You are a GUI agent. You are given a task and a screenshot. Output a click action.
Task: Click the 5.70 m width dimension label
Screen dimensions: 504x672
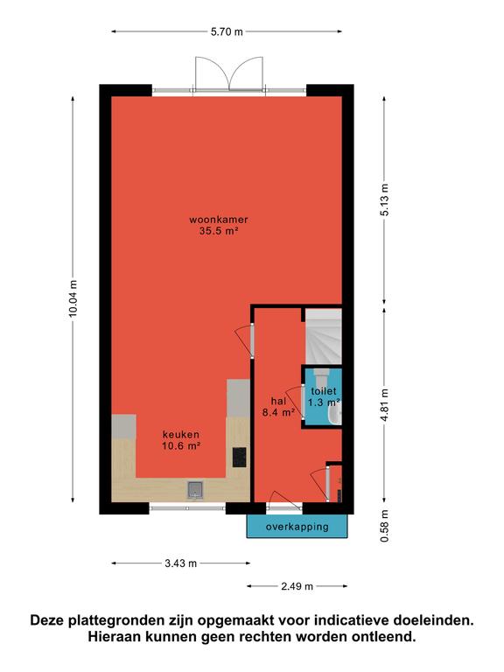[x=227, y=31]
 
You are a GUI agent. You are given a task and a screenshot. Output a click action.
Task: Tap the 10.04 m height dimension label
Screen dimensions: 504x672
[x=73, y=298]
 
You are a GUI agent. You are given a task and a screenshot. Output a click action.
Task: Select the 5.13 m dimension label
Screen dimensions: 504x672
[x=384, y=199]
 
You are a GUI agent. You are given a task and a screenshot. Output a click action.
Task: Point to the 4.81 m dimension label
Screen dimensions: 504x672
[x=384, y=405]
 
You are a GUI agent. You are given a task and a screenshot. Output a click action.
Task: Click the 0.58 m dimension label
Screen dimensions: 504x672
[x=384, y=526]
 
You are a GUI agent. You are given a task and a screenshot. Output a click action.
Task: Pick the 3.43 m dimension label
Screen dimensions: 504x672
[x=181, y=563]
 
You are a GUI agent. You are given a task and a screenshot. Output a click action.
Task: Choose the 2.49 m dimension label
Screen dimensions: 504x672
[x=297, y=586]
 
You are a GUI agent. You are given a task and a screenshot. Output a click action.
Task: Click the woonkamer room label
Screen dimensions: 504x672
[x=219, y=220]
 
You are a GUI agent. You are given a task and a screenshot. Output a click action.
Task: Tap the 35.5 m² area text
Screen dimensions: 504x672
[x=219, y=231]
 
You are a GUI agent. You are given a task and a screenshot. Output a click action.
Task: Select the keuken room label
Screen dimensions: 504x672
[x=181, y=434]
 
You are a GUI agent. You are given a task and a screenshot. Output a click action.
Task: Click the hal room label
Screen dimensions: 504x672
[x=278, y=401]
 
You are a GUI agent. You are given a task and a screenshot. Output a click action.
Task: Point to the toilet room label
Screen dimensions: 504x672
[x=324, y=391]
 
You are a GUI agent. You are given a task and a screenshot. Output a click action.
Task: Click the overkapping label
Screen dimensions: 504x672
[x=297, y=526]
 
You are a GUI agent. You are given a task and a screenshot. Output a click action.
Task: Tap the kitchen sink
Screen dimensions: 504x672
[x=195, y=489]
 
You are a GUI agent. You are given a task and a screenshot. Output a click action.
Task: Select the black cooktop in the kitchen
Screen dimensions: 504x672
[x=239, y=457]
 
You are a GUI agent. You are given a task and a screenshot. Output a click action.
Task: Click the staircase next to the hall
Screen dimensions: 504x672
[x=324, y=337]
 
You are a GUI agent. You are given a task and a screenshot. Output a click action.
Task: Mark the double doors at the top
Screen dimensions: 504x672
[x=229, y=73]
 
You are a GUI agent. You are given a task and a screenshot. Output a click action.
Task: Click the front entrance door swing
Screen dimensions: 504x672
[x=284, y=501]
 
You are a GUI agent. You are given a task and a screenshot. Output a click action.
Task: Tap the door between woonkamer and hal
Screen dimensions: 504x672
[x=245, y=341]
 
